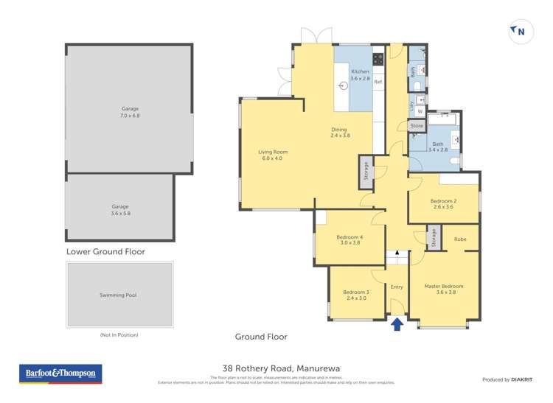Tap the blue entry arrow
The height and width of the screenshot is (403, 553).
397,323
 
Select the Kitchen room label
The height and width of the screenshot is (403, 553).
360,71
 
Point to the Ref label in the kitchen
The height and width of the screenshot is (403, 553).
378,82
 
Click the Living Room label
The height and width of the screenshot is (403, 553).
271,152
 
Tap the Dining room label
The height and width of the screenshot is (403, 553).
340,130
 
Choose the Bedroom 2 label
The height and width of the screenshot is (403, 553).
443,201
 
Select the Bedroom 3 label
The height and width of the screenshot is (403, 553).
356,292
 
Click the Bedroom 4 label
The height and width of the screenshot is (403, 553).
349,236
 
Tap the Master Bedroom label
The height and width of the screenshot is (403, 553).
444,286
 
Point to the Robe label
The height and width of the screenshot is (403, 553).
460,239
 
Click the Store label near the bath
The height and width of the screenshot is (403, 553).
417,126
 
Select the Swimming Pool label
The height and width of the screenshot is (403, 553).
119,295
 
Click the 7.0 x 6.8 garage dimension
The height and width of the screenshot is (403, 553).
130,116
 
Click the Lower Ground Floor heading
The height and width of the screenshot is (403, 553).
105,251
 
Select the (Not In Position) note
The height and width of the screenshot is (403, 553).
119,334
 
